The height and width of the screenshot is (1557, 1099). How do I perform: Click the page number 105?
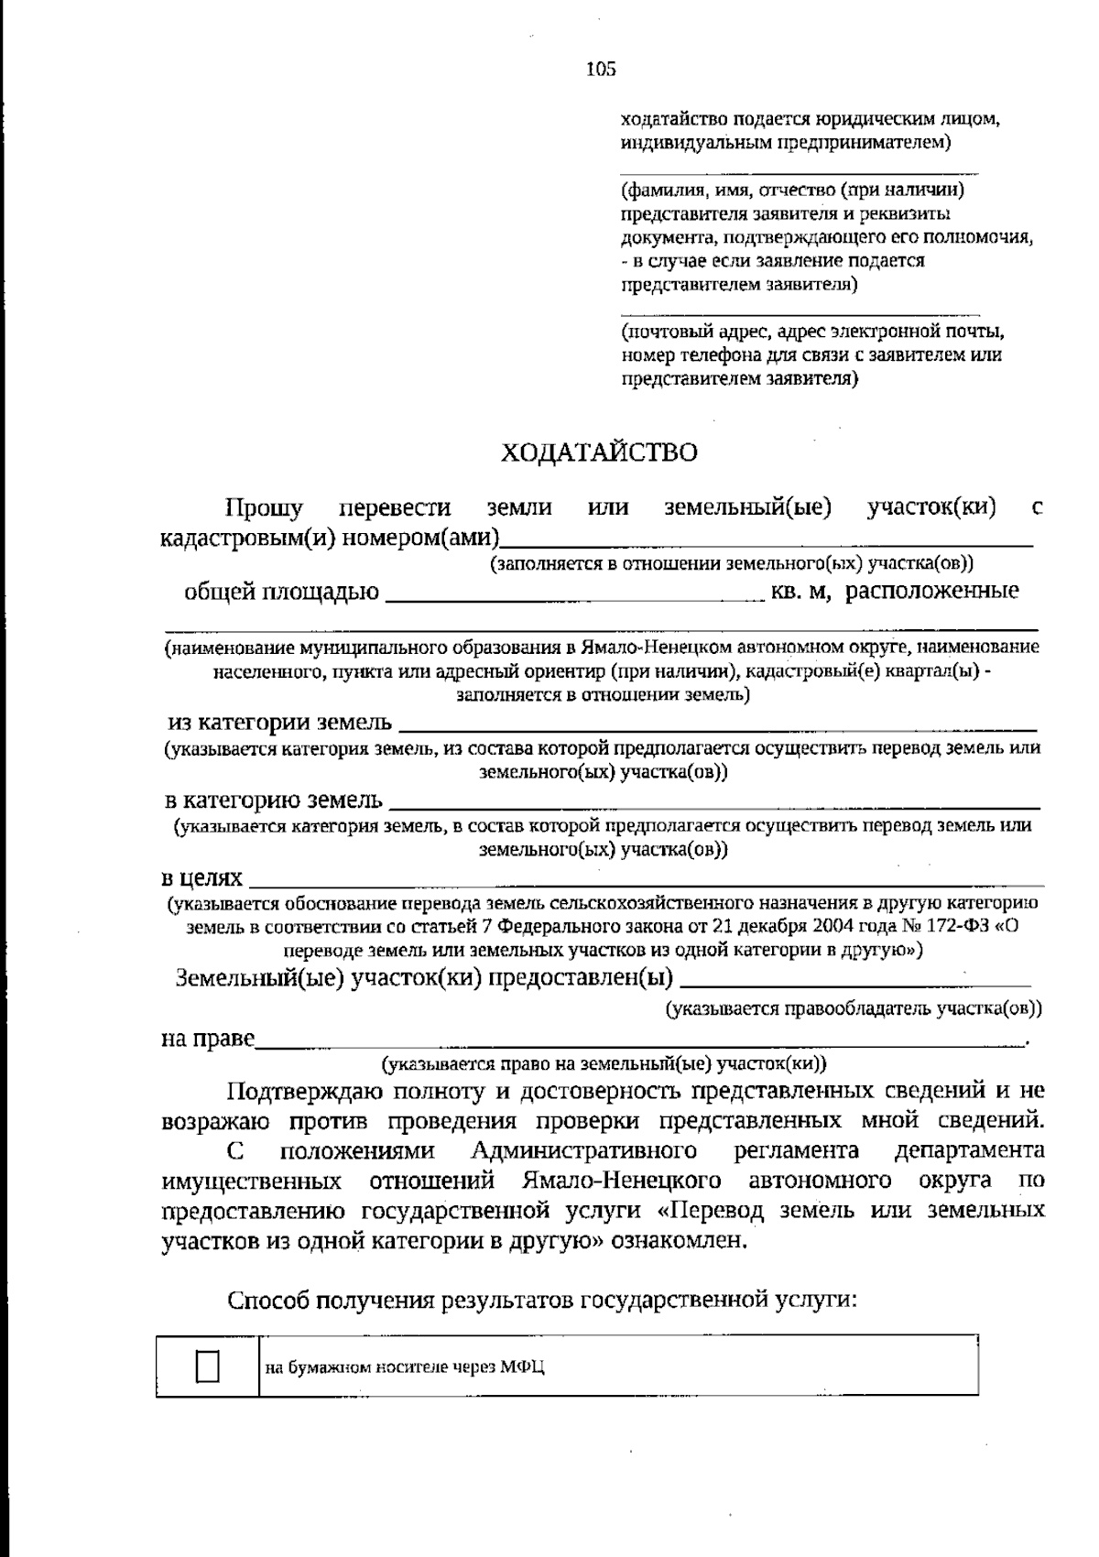(601, 69)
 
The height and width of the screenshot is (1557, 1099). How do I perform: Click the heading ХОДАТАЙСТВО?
(599, 452)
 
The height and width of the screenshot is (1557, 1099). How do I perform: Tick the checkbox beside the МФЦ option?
(208, 1366)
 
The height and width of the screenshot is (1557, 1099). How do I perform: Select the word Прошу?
(265, 507)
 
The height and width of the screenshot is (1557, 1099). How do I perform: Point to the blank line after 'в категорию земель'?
(714, 801)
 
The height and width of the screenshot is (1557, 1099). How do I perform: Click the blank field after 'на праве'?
(641, 1040)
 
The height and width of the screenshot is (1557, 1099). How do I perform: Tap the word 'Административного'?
(584, 1150)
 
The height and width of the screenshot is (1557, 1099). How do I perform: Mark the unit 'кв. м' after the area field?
(800, 593)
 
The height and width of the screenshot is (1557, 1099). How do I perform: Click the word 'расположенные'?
(931, 592)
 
